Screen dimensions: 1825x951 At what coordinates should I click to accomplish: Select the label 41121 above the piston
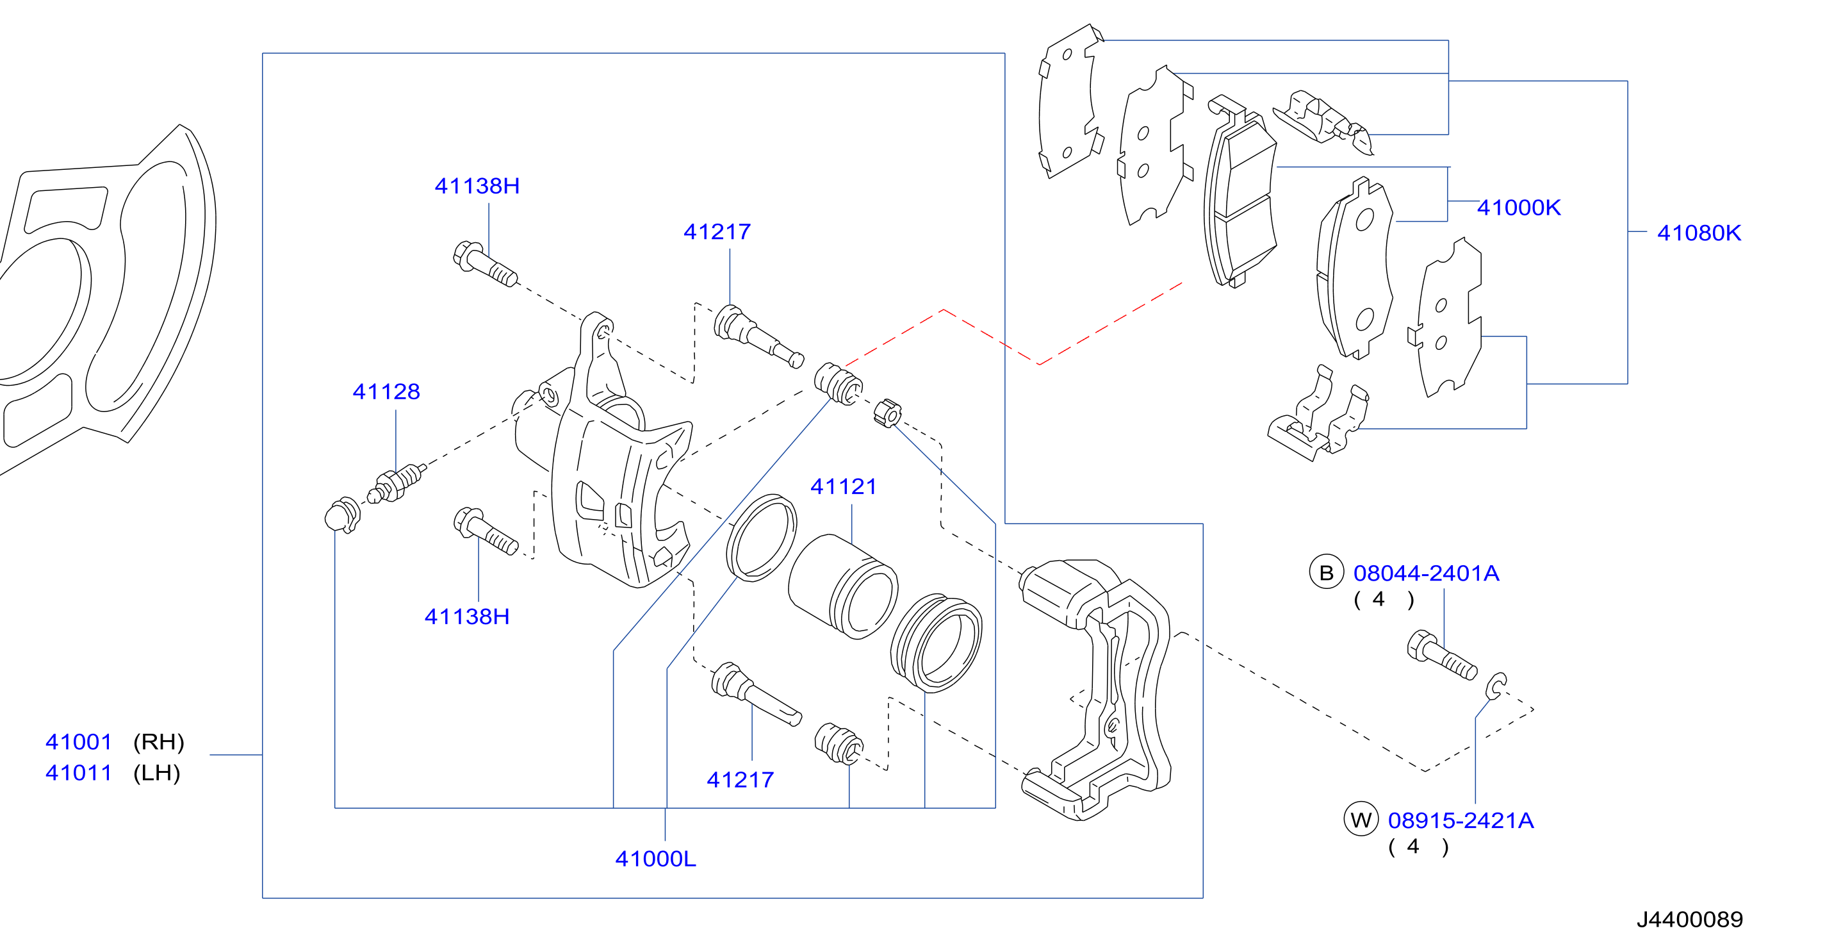click(x=843, y=486)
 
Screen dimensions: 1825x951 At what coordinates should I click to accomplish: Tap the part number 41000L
click(x=655, y=858)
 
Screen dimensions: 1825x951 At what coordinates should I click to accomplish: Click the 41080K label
click(x=1699, y=233)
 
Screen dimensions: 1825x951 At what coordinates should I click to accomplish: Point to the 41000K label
click(x=1519, y=207)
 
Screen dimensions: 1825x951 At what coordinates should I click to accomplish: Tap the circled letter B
click(x=1326, y=572)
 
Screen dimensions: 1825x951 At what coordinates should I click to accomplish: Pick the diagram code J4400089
click(x=1690, y=919)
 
